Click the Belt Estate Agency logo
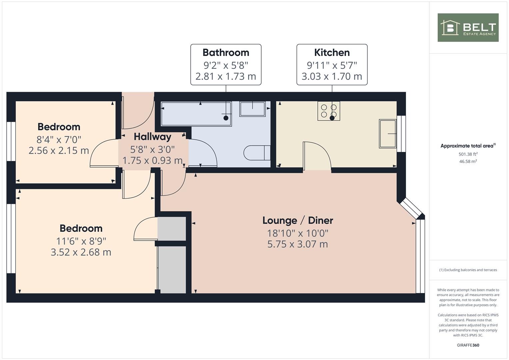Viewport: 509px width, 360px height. pos(468,27)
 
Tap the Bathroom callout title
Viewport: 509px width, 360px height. pos(226,53)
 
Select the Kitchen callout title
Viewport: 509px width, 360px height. pos(332,53)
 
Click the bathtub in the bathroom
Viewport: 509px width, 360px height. pos(196,114)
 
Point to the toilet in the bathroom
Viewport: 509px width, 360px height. pos(257,153)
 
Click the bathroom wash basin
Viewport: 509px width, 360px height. pos(252,109)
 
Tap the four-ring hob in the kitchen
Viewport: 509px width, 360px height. pos(329,111)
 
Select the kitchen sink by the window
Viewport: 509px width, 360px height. pos(388,134)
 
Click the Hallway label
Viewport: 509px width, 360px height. pos(152,137)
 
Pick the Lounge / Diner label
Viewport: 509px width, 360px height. pos(298,220)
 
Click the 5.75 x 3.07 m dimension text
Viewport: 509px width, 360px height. pos(298,244)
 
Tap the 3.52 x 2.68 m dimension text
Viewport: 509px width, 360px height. pos(81,252)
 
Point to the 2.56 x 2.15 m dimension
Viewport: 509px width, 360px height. pos(59,150)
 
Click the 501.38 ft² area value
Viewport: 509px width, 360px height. pos(468,154)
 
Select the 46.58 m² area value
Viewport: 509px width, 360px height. pos(468,161)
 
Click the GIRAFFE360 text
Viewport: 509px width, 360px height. pos(468,345)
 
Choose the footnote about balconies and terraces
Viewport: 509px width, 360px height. pos(468,270)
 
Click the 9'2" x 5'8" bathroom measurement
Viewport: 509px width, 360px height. pos(226,65)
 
